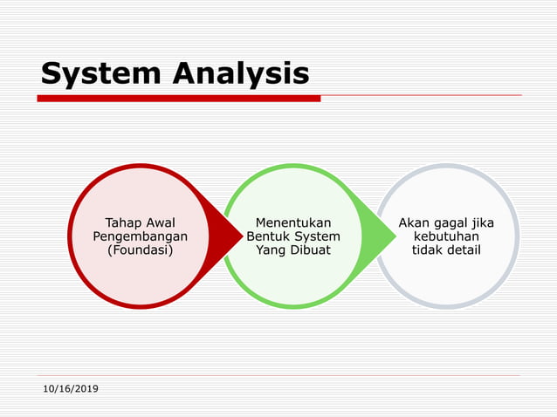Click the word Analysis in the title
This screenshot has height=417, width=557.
[240, 75]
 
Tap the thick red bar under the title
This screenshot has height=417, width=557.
[178, 99]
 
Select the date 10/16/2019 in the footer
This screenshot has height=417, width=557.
[71, 387]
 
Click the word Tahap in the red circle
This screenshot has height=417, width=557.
[122, 222]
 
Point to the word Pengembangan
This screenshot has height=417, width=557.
[140, 236]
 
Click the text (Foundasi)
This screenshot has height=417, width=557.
[140, 250]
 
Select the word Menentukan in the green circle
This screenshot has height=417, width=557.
[293, 222]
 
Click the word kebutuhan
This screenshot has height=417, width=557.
[446, 236]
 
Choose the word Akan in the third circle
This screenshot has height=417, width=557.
[414, 222]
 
